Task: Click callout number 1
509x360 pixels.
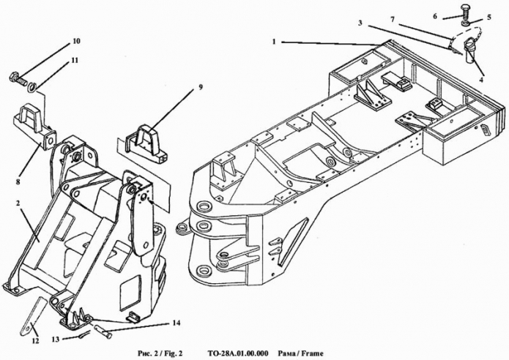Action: (x=275, y=42)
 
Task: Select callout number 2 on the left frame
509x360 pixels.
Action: (x=18, y=203)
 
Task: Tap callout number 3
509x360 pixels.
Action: (x=360, y=23)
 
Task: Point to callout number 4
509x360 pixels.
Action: (x=481, y=80)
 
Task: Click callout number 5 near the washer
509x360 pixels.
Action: (x=489, y=18)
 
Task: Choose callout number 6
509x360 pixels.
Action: (x=435, y=16)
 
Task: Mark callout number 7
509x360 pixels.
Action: (x=393, y=20)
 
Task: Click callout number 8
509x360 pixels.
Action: (x=18, y=181)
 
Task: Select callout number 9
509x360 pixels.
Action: (x=201, y=87)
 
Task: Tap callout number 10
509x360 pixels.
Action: (x=77, y=41)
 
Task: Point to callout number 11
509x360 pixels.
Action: (x=75, y=61)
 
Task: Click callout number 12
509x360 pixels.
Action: (x=35, y=341)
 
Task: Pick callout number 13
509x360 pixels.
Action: (x=56, y=340)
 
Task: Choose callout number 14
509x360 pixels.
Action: (x=177, y=323)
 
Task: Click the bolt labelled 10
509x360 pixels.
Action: (x=18, y=78)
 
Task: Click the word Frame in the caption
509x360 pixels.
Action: (x=312, y=353)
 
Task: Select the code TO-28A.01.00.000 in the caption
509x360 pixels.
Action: (x=237, y=353)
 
